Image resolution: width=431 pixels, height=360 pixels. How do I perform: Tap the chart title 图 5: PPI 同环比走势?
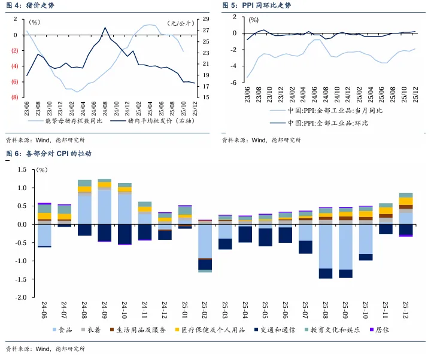coord(257,5)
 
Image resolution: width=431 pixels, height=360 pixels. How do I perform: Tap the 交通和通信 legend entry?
coord(275,330)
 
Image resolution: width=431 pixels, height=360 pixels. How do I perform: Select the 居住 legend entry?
coord(381,330)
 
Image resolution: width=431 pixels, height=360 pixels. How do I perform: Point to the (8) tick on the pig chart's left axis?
coord(14,97)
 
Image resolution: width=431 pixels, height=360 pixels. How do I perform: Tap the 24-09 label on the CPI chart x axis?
coord(105,310)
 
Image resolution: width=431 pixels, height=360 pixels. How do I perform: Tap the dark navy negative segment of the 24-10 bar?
coord(125,234)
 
